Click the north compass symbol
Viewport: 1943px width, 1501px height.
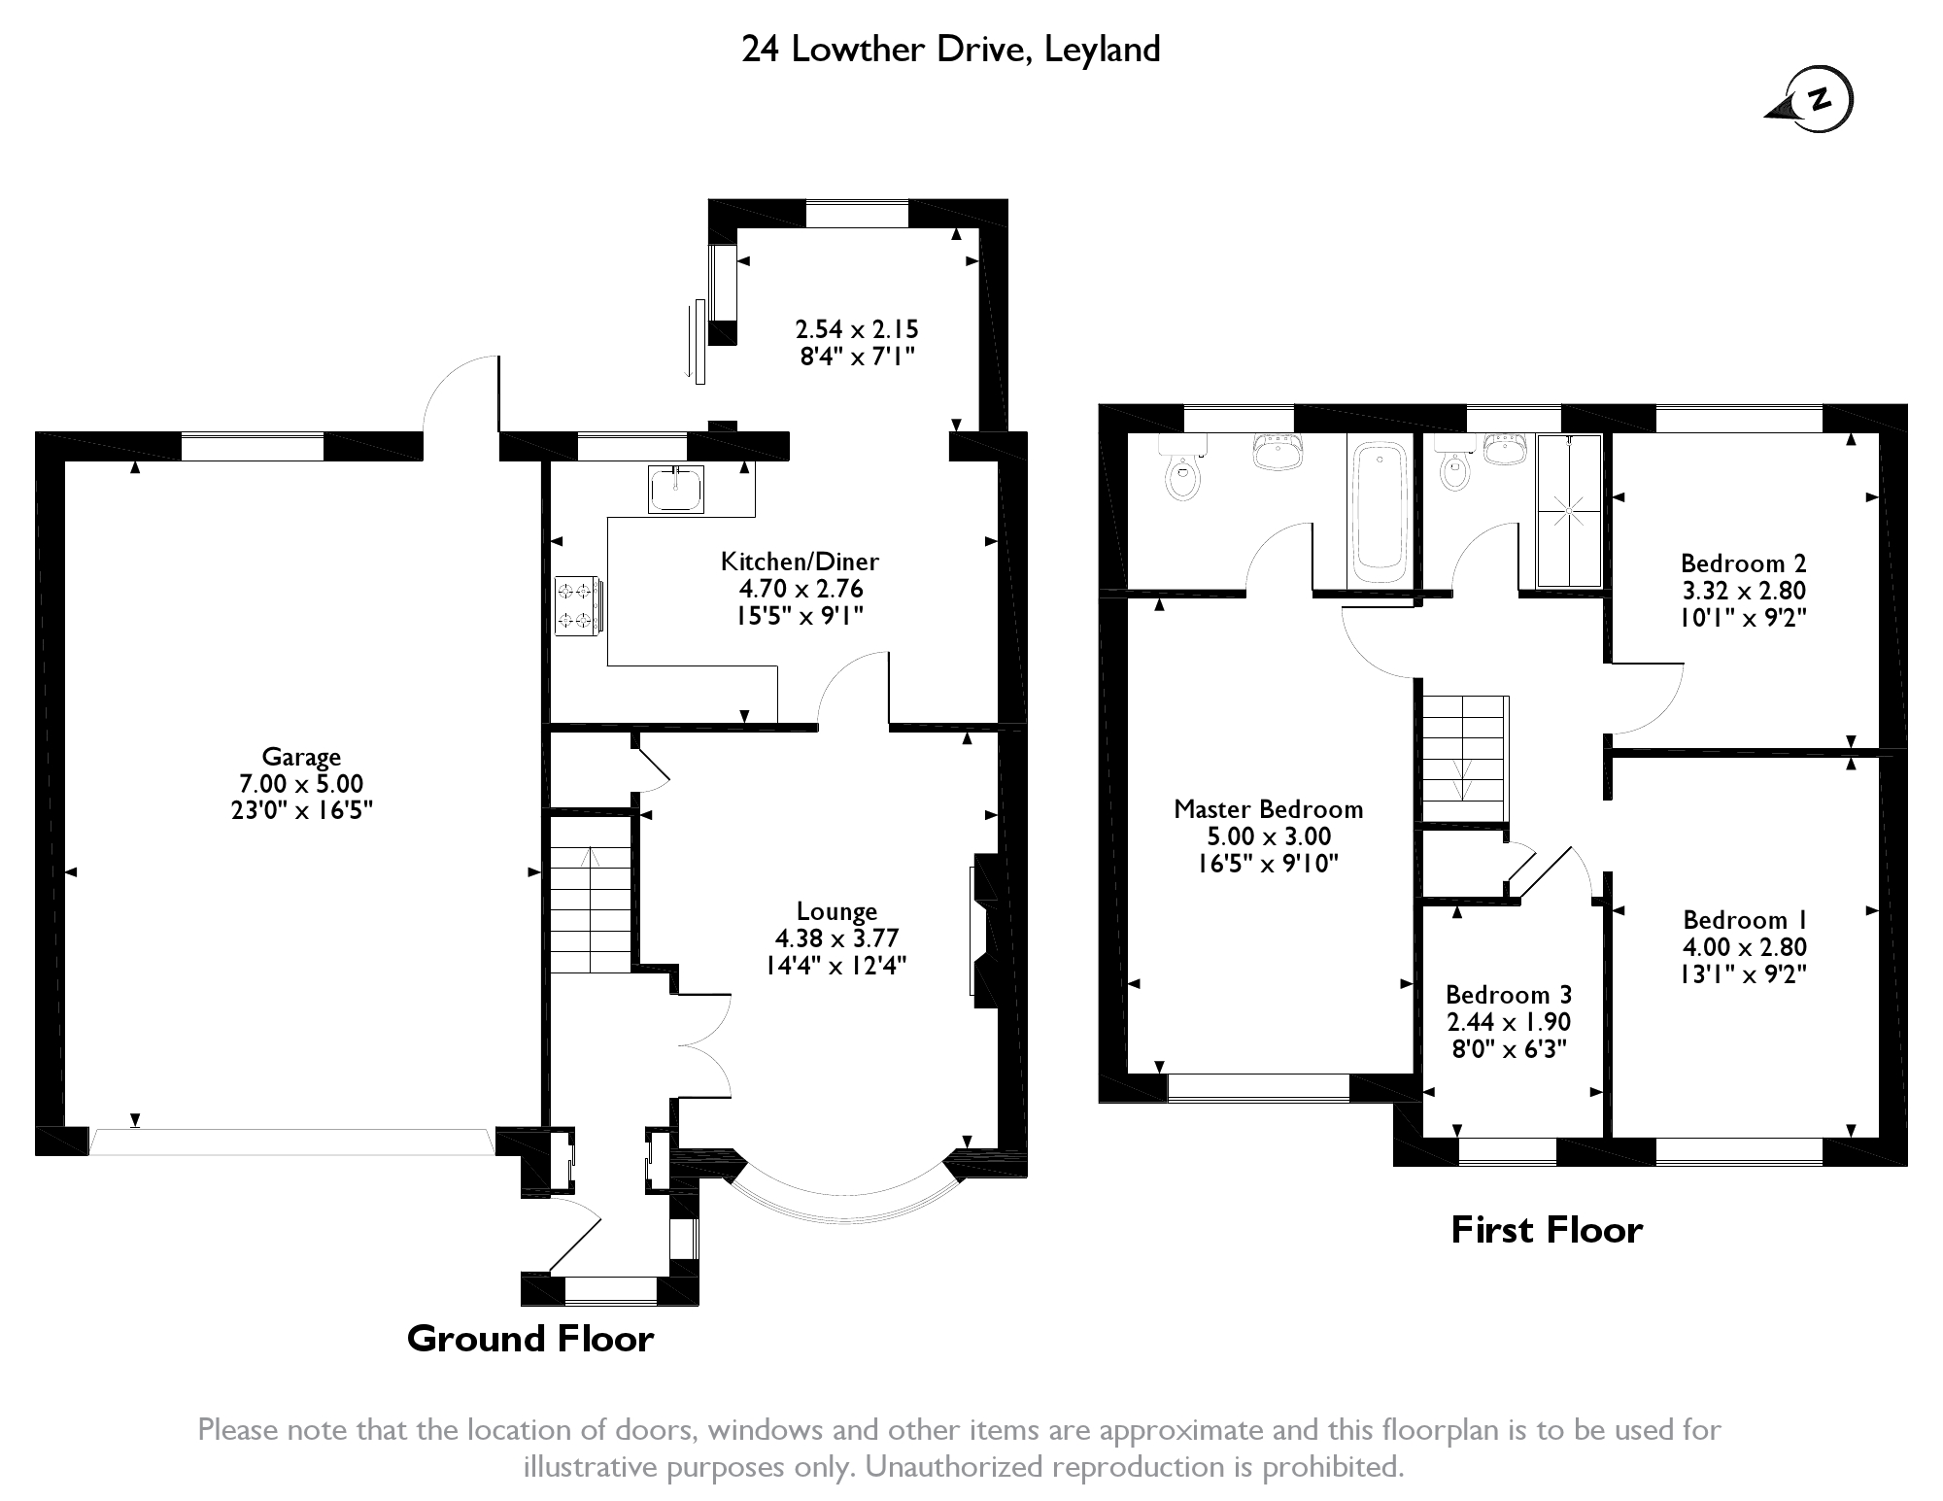[x=1810, y=99]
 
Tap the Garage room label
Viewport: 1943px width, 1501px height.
[x=301, y=757]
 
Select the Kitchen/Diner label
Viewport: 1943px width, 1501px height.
[x=800, y=562]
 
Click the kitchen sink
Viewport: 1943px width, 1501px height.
[x=676, y=489]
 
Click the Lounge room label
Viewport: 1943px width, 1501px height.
[x=836, y=911]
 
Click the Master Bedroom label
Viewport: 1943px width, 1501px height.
[x=1268, y=809]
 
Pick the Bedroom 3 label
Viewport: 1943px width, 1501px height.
[x=1508, y=995]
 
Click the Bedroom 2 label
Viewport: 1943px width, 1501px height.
[x=1743, y=563]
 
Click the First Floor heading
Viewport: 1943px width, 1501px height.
[x=1547, y=1230]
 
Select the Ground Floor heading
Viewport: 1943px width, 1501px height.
[x=530, y=1339]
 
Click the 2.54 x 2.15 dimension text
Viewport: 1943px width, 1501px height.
[x=857, y=328]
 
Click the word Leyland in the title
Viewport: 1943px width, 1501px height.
[x=1102, y=49]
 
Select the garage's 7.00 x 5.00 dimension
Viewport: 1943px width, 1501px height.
[x=301, y=784]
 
